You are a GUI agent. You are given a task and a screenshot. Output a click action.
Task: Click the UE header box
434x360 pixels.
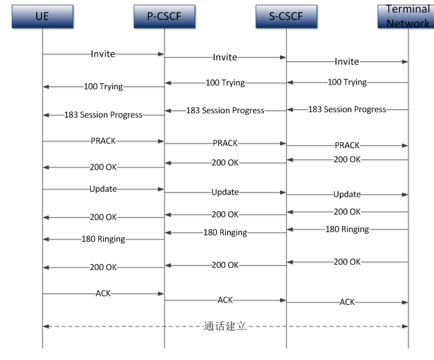click(42, 16)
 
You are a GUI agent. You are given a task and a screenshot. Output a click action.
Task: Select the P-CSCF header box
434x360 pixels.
click(165, 16)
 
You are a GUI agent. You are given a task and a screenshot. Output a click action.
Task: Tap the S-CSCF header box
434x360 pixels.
click(286, 16)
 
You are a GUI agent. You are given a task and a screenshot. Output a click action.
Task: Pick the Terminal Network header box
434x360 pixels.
click(408, 16)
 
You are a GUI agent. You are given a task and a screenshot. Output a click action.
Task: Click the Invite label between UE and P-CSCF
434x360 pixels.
click(103, 54)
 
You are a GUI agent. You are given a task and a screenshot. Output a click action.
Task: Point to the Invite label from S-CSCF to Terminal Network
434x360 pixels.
click(347, 61)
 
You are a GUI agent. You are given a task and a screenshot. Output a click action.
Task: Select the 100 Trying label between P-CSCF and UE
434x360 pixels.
click(103, 87)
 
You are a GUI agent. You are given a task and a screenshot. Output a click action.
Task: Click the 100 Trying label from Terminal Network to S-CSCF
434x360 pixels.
click(347, 82)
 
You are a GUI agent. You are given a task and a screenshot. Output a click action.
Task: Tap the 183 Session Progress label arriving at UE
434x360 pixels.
click(103, 115)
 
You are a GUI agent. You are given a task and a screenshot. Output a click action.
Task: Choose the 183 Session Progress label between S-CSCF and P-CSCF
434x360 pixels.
click(225, 111)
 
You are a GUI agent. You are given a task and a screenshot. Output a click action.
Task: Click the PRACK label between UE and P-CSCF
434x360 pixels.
click(103, 141)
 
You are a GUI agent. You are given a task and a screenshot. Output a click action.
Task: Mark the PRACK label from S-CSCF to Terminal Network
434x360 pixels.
click(347, 145)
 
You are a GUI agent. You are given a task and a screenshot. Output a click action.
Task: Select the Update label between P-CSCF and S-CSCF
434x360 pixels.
click(225, 192)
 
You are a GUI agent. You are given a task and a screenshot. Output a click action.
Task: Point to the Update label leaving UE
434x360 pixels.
click(103, 189)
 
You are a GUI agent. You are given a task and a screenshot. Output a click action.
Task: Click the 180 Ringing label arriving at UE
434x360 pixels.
click(103, 239)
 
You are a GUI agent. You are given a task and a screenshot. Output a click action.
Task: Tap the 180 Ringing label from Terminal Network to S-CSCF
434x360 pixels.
click(347, 229)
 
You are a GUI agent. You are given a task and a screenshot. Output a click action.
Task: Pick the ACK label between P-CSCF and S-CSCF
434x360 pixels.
click(225, 300)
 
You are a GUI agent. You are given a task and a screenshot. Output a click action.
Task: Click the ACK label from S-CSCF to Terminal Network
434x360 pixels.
click(347, 302)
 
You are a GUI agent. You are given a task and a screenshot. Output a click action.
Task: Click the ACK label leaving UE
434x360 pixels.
click(103, 293)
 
